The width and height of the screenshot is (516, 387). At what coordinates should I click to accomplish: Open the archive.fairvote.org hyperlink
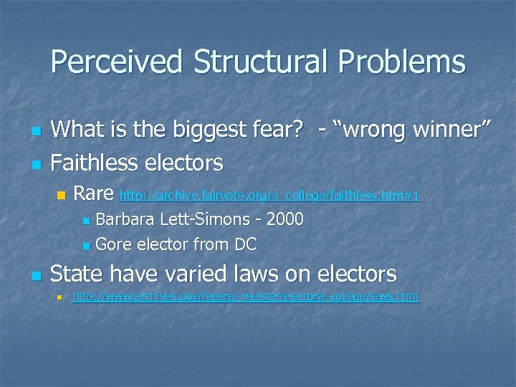coord(269,195)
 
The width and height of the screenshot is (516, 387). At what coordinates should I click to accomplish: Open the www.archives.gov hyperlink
coord(246,296)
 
